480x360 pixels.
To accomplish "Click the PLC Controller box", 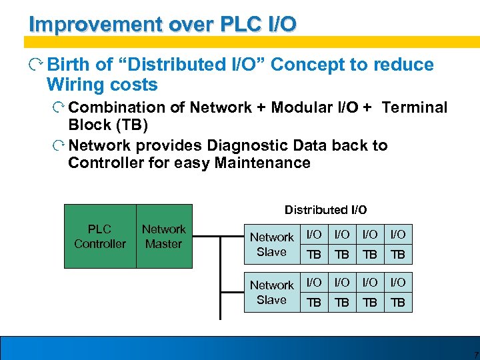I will (x=100, y=236).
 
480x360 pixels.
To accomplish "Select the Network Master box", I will (x=163, y=236).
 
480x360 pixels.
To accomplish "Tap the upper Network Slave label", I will (x=271, y=245).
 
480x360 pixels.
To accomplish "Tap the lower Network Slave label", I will (x=271, y=293).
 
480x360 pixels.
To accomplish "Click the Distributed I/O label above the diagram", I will (x=325, y=210).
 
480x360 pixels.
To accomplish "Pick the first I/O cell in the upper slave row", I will (x=313, y=234).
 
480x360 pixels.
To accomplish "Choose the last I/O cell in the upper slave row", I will (x=397, y=234).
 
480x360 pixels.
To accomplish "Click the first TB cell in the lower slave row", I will (x=313, y=302).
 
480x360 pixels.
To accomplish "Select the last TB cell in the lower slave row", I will (x=397, y=302).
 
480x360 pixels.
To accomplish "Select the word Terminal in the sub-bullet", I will (x=415, y=107).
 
